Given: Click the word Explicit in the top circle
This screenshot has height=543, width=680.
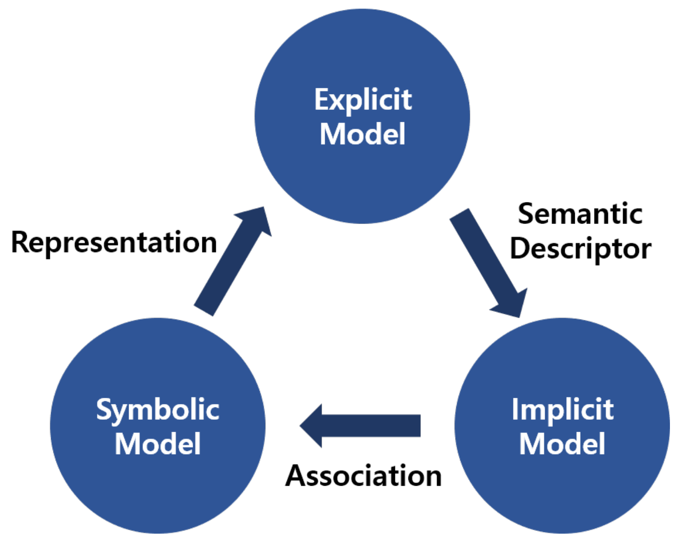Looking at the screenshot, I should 362,100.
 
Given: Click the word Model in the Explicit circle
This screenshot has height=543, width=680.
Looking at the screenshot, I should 362,134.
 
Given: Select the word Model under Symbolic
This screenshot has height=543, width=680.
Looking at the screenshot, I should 157,444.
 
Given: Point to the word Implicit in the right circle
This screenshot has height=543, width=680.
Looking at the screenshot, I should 562,410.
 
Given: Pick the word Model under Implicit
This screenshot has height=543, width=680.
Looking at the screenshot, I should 562,444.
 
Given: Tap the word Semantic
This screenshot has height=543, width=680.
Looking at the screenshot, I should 580,213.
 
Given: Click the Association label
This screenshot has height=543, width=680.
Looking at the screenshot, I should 363,476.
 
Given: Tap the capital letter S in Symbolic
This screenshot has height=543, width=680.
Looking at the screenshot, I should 104,409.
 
